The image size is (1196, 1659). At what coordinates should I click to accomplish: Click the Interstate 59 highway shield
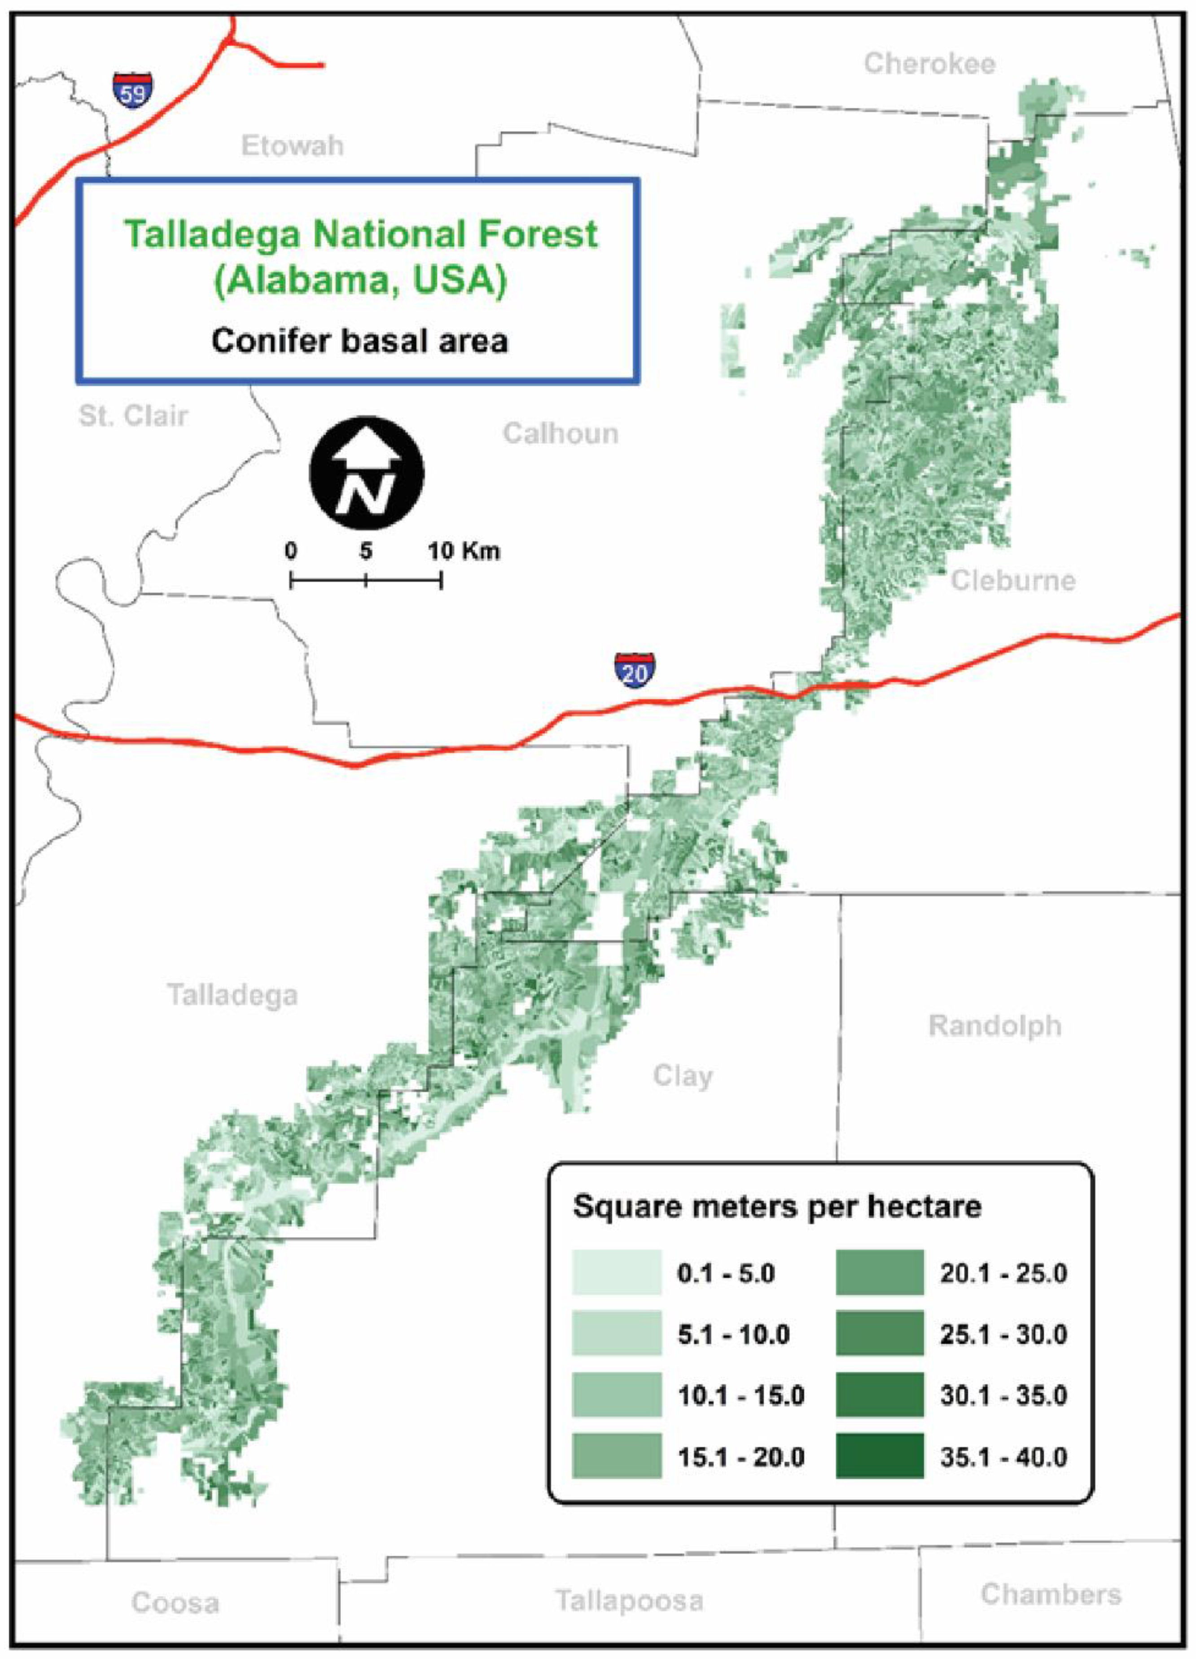click(x=132, y=90)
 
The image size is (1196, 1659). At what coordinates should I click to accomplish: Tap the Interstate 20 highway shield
click(x=634, y=669)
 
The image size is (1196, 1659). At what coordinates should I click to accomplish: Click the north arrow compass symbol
click(x=367, y=473)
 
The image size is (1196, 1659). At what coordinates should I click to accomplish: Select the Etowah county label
click(x=292, y=145)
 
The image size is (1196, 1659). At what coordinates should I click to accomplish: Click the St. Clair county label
click(x=133, y=416)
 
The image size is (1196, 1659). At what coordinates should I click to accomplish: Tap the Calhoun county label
click(x=561, y=433)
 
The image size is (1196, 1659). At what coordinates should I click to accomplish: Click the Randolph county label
click(x=995, y=1026)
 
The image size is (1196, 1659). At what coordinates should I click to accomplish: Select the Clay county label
click(x=682, y=1076)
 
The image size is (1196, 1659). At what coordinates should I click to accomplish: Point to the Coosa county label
click(x=175, y=1603)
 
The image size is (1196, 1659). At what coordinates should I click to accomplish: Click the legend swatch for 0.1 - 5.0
click(x=617, y=1273)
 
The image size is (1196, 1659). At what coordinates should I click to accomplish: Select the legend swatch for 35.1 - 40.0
click(x=880, y=1457)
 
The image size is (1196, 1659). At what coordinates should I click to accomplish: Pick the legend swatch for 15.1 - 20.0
click(x=617, y=1457)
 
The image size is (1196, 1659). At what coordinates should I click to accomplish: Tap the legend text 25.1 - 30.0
click(x=1003, y=1335)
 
